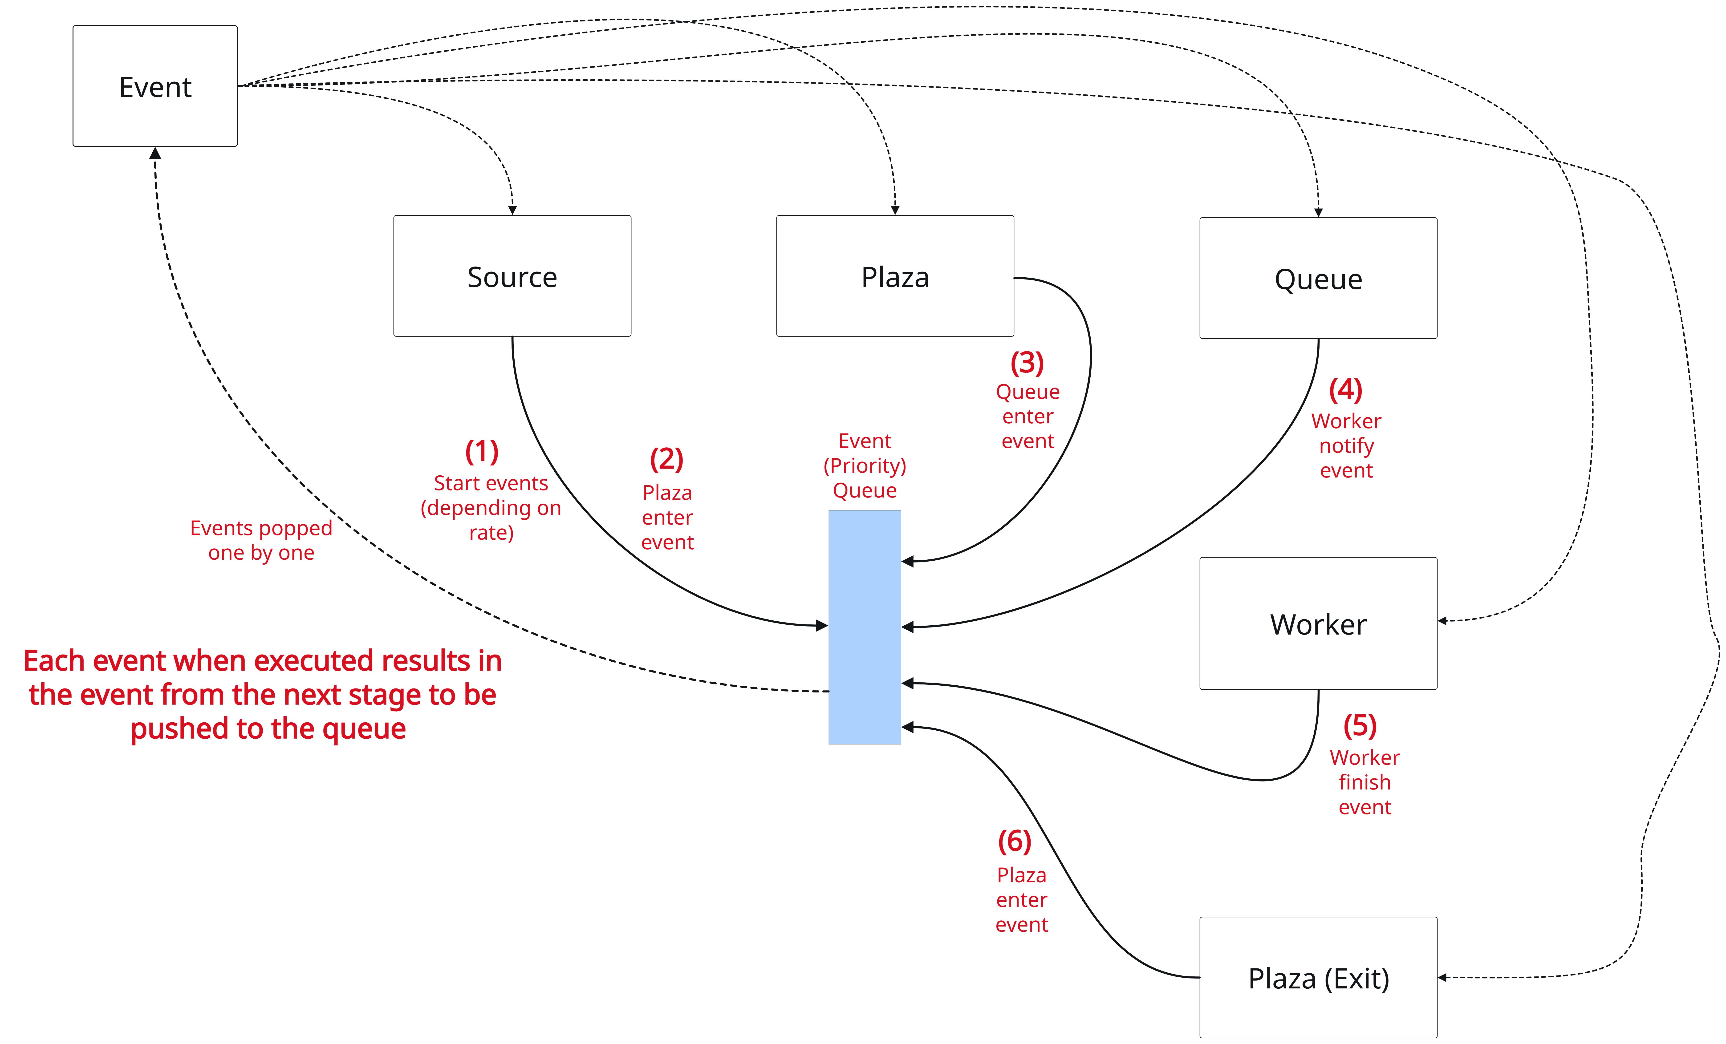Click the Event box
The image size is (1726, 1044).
155,86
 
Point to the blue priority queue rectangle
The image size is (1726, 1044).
864,627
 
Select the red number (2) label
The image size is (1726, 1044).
666,459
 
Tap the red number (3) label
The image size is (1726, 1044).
1027,363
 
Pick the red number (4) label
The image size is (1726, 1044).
1345,390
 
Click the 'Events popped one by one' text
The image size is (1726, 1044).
261,540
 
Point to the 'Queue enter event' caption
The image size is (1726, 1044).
1027,416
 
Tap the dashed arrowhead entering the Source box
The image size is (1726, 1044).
512,209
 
